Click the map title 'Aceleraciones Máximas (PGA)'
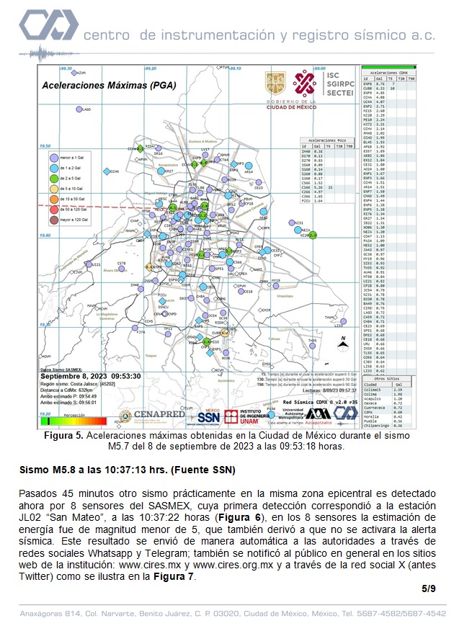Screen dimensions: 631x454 [104, 84]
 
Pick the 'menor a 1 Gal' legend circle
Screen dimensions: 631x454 [53, 156]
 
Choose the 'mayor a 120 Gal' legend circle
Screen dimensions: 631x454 [53, 219]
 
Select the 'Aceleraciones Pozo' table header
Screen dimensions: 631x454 [321, 140]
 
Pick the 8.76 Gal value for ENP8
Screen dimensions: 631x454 [382, 84]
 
